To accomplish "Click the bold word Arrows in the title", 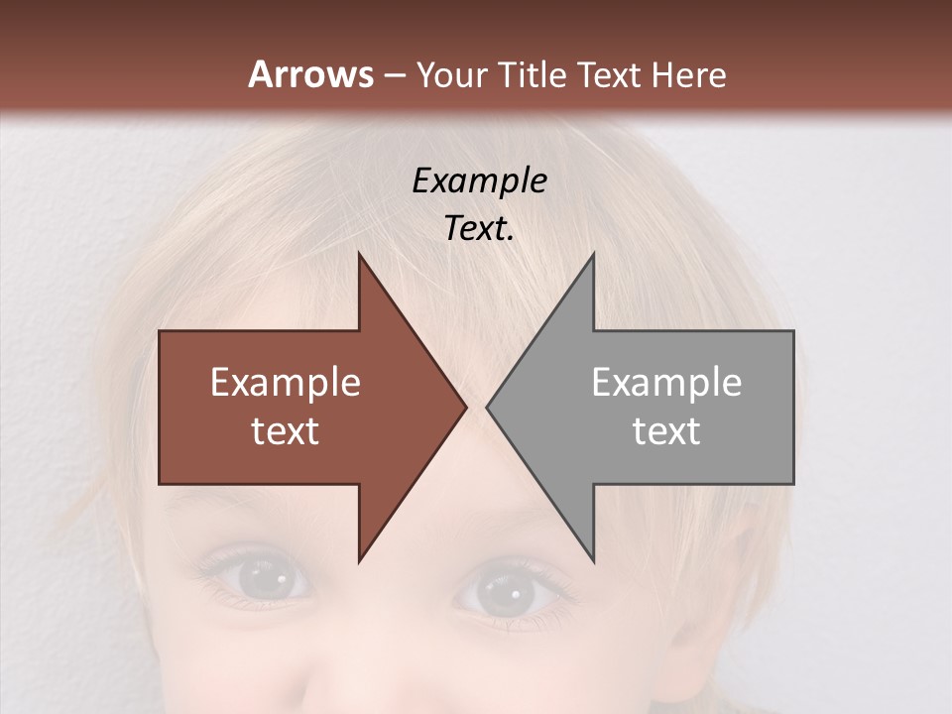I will click(311, 74).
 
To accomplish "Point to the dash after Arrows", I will click(395, 75).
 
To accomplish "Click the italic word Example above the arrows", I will click(480, 180).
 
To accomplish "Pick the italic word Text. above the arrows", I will click(480, 229).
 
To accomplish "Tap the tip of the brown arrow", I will click(463, 407).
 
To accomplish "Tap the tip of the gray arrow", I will click(490, 407).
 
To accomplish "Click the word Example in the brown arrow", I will click(286, 383).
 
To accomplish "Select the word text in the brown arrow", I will click(286, 431).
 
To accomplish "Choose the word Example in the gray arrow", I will click(666, 383).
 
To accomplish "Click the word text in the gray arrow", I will click(666, 431).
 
